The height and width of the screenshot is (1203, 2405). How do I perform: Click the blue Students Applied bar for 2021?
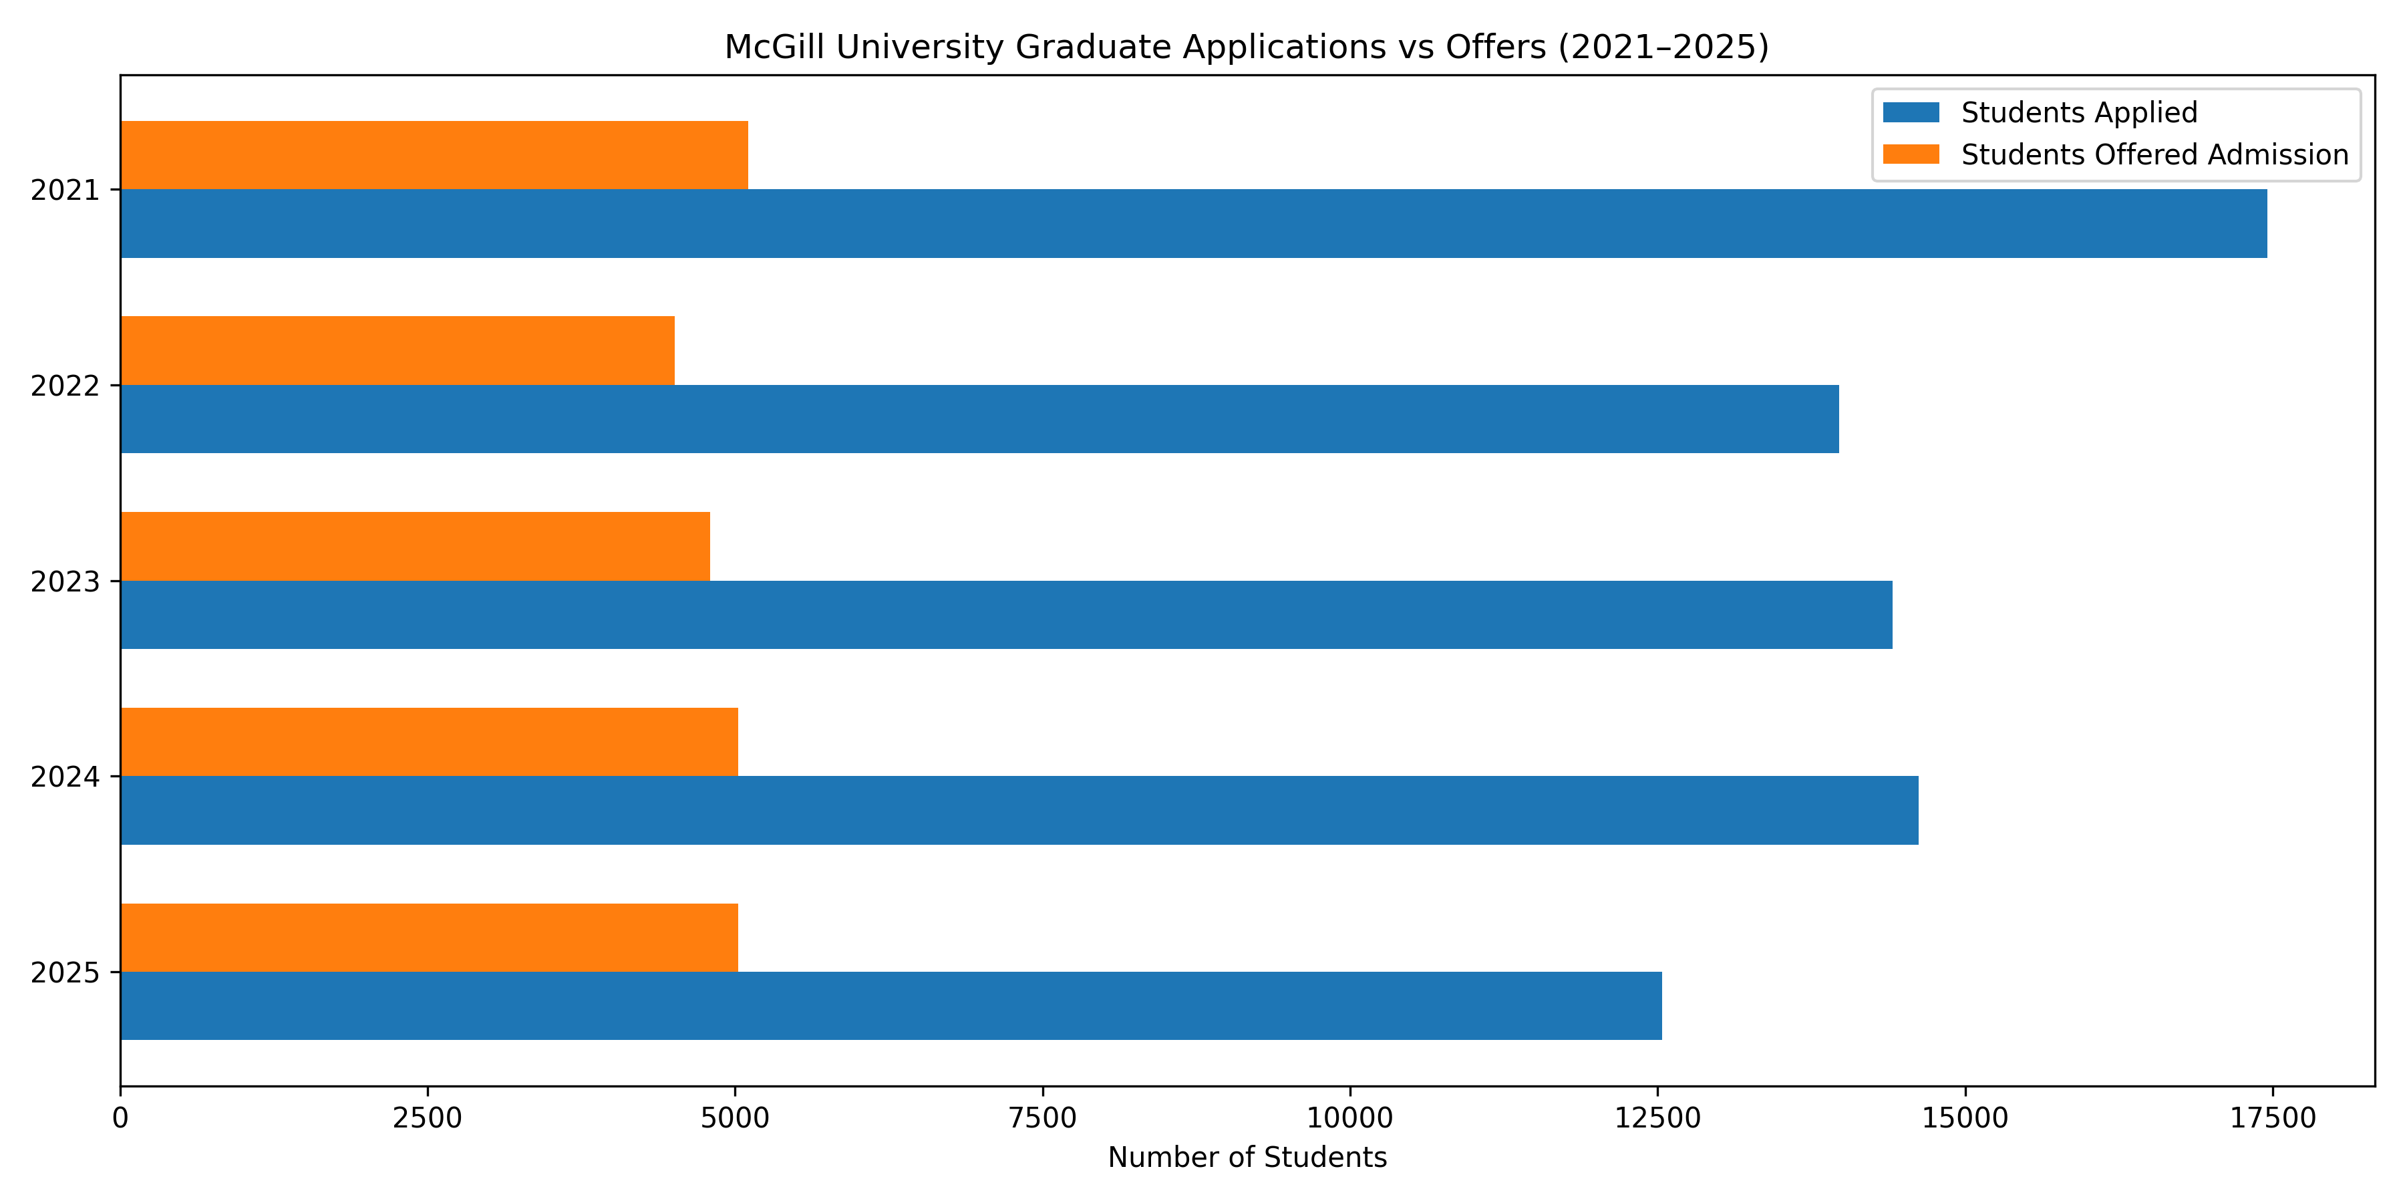pos(1193,223)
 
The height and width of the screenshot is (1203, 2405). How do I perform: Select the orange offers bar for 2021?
pos(434,155)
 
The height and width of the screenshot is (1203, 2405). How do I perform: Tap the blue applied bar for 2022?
pos(979,418)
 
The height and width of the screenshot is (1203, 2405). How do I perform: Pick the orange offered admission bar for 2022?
pos(397,350)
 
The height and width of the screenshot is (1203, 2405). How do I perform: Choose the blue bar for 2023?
pos(1007,615)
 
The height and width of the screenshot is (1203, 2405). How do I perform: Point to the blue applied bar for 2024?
pos(1019,810)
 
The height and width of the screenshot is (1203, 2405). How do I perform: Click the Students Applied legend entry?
pos(2078,113)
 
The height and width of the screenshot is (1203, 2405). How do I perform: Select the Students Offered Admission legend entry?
pos(2154,155)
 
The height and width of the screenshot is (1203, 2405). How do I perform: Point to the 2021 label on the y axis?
pos(64,190)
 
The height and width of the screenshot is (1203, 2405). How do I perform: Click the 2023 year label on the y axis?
pos(64,582)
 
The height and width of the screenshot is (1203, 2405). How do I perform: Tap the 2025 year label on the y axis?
pos(64,973)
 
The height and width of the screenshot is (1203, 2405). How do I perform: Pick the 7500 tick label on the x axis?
pos(1043,1118)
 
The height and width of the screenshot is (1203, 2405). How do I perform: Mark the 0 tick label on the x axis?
pos(120,1118)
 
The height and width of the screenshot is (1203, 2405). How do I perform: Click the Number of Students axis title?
pos(1247,1158)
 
